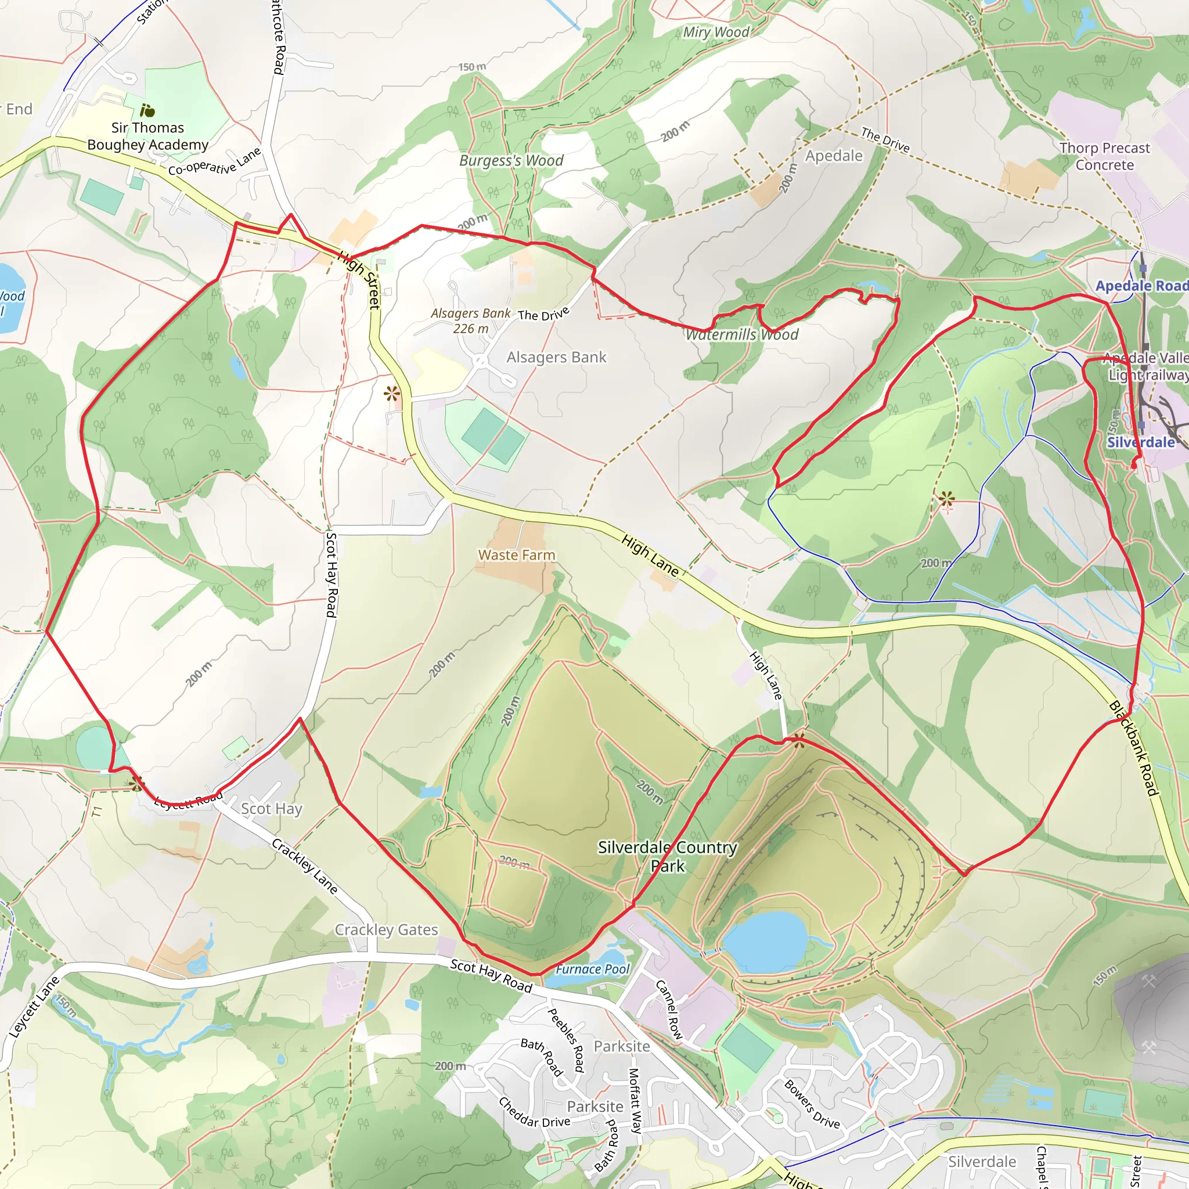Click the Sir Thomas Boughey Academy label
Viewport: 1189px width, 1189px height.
click(x=147, y=136)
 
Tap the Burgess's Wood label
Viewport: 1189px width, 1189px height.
click(x=511, y=161)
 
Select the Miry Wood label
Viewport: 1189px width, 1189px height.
click(x=716, y=32)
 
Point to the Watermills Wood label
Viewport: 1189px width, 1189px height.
click(x=741, y=335)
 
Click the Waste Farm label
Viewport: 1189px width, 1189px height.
click(x=516, y=555)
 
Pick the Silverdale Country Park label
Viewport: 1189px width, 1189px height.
click(x=667, y=856)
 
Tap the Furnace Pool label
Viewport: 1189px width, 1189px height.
click(x=592, y=970)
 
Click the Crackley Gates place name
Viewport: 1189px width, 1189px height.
click(x=386, y=930)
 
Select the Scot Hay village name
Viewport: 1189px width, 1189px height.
click(x=271, y=809)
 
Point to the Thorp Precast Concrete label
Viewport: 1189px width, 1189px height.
click(x=1105, y=156)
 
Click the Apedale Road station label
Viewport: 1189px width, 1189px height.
click(x=1141, y=286)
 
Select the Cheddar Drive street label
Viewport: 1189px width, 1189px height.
click(x=534, y=1113)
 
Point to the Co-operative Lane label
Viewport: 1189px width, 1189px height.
click(x=214, y=162)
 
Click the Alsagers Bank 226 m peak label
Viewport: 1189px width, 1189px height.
click(x=471, y=320)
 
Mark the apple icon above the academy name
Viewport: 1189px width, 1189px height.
click(x=147, y=111)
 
